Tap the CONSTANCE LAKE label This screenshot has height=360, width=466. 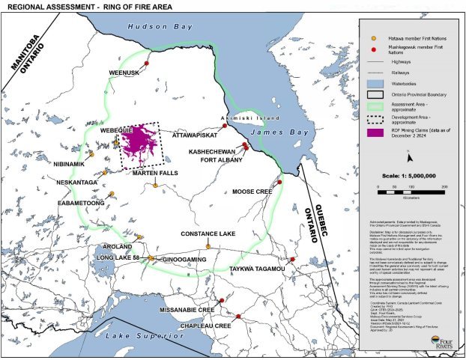[x=208, y=234]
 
